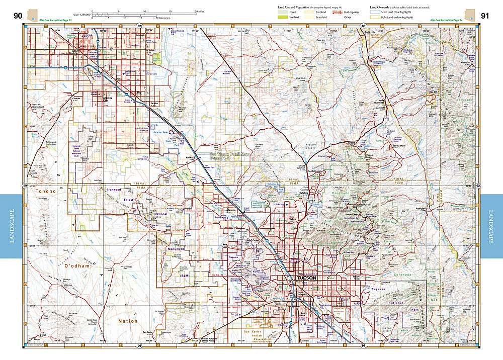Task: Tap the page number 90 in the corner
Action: coord(18,16)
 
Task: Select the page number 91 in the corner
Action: coord(485,16)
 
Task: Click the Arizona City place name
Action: coord(108,99)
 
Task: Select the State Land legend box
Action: coord(375,12)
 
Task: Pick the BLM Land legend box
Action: coord(375,18)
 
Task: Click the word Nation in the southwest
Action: coord(127,321)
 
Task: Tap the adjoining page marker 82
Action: coord(140,25)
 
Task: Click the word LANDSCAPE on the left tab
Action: coord(11,226)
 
